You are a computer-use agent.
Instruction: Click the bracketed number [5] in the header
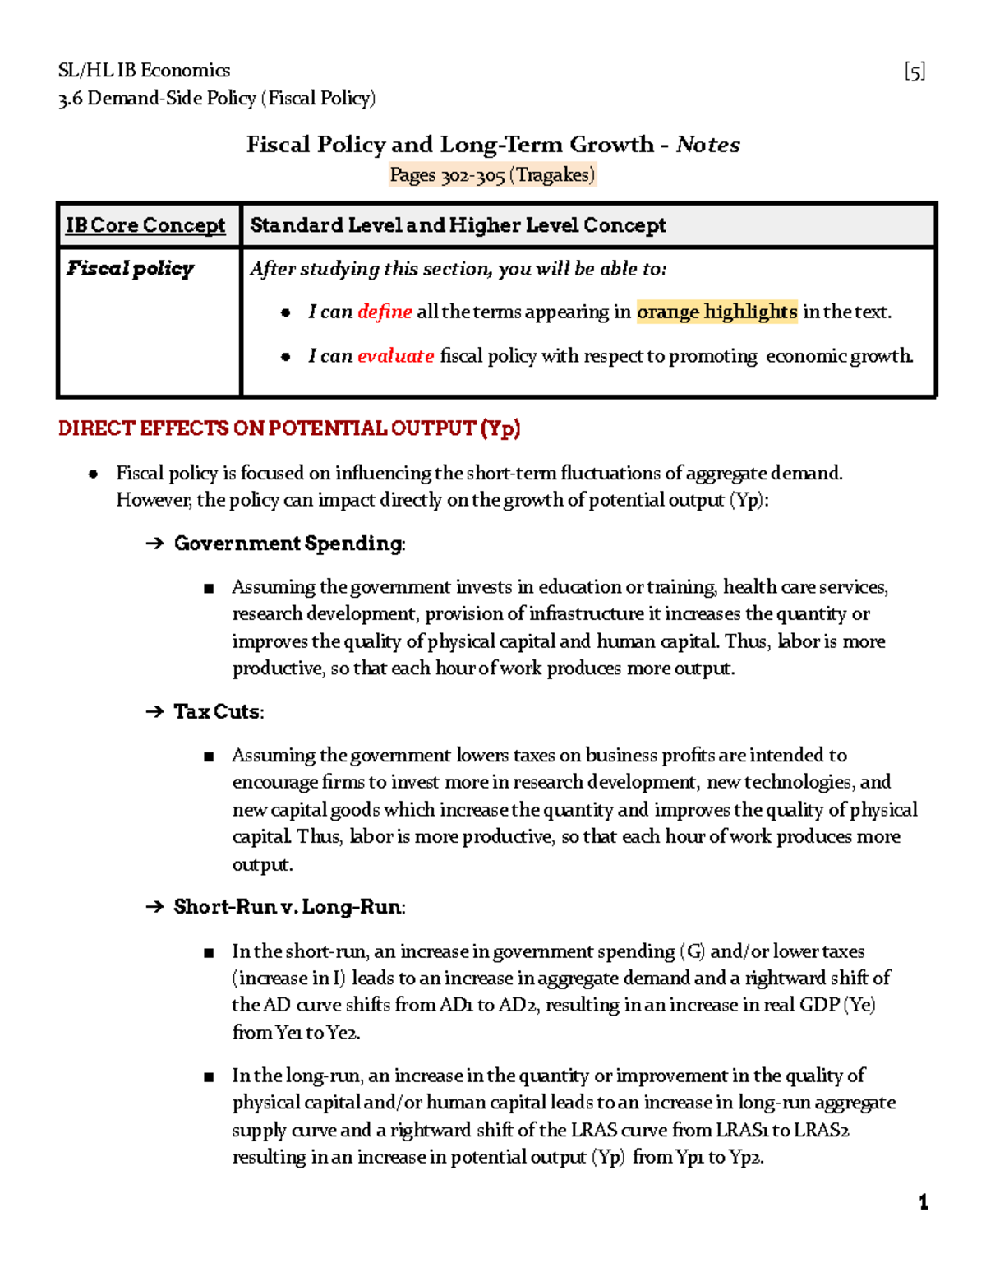click(915, 72)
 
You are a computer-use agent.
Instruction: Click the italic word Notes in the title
click(707, 145)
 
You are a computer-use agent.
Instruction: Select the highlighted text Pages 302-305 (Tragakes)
click(492, 175)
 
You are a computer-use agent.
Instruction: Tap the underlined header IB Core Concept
click(145, 225)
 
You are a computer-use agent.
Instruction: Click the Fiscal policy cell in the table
click(131, 269)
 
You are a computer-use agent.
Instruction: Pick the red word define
click(385, 312)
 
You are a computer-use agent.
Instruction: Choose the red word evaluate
click(395, 356)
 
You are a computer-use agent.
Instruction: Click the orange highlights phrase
click(716, 312)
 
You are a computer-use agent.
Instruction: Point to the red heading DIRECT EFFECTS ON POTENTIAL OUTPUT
click(289, 428)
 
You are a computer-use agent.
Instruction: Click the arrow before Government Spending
click(154, 544)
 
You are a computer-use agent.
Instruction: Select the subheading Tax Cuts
click(217, 712)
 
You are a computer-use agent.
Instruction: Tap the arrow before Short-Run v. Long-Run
click(154, 907)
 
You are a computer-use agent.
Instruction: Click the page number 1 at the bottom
click(924, 1202)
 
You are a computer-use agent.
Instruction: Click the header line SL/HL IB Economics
click(144, 71)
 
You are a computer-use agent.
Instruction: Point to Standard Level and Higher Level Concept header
click(458, 225)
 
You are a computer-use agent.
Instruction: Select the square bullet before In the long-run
click(209, 1076)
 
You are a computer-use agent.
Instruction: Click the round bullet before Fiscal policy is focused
click(94, 474)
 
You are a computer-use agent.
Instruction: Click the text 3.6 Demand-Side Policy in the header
click(157, 99)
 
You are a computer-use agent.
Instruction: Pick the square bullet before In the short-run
click(209, 952)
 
